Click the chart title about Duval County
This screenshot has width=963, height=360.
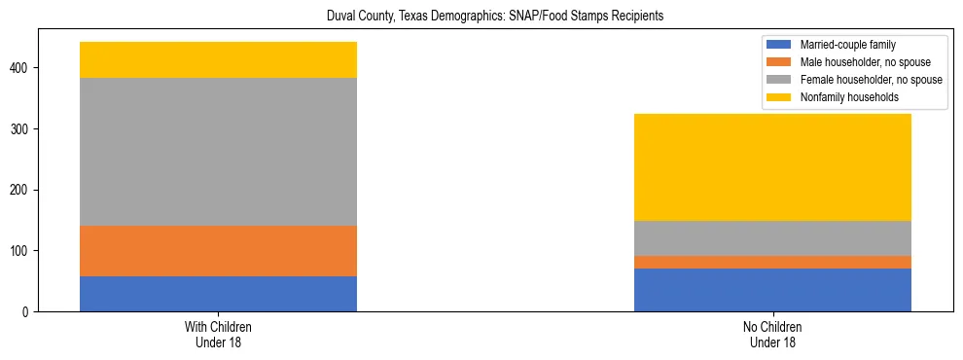pyautogui.click(x=482, y=17)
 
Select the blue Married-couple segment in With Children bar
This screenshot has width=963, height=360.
pyautogui.click(x=218, y=294)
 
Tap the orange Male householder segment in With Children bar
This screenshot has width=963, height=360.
pyautogui.click(x=218, y=251)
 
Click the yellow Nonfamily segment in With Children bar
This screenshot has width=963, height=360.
pyautogui.click(x=218, y=59)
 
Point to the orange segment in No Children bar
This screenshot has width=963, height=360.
pyautogui.click(x=772, y=262)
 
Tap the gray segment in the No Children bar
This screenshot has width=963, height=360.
pyautogui.click(x=772, y=238)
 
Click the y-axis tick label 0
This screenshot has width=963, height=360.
pyautogui.click(x=29, y=312)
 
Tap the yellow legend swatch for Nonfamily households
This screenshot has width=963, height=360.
pyautogui.click(x=779, y=97)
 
